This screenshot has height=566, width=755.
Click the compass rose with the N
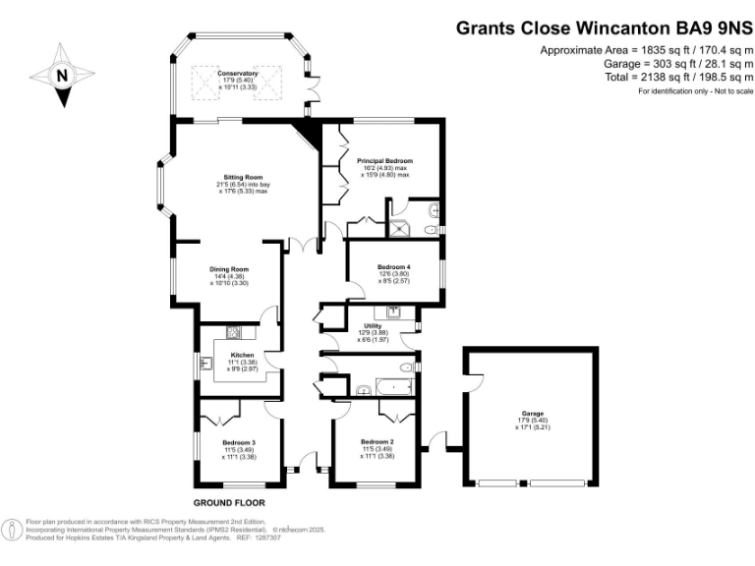61,75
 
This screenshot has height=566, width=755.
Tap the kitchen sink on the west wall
206,365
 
